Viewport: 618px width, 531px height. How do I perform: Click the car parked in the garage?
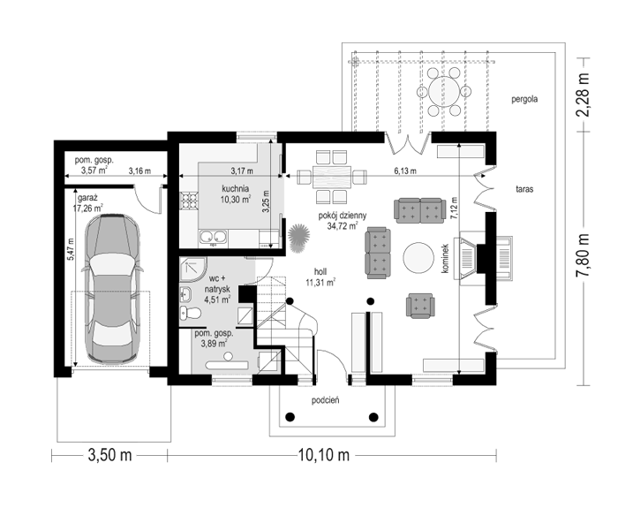click(x=112, y=289)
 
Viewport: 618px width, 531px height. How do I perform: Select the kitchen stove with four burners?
click(x=189, y=200)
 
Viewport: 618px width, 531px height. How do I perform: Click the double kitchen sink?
click(x=214, y=237)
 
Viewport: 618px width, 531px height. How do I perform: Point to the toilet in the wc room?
click(x=191, y=313)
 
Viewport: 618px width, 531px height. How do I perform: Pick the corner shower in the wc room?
click(x=192, y=269)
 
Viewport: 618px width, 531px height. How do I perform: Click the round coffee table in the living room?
click(x=418, y=257)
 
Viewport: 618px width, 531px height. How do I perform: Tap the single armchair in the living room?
click(x=420, y=306)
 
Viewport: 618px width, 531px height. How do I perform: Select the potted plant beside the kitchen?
click(x=298, y=238)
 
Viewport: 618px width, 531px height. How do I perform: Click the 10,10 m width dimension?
click(x=324, y=455)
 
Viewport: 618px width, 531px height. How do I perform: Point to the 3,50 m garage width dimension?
click(x=109, y=455)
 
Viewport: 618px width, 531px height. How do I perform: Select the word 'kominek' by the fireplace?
click(x=445, y=258)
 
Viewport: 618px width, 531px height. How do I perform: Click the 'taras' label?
click(x=524, y=189)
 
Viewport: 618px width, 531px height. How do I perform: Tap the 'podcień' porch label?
click(x=325, y=400)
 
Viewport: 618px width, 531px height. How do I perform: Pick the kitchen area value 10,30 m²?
click(x=236, y=199)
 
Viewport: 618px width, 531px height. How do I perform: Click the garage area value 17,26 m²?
click(x=88, y=208)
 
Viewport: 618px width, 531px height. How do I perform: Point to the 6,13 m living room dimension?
click(x=405, y=171)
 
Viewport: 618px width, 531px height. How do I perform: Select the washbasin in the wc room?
click(x=185, y=294)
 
